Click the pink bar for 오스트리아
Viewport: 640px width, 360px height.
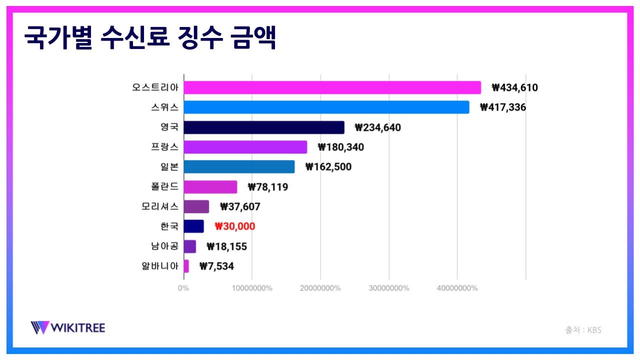point(332,87)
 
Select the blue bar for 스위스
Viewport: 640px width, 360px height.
point(326,107)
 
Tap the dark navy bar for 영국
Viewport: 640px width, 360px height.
point(263,127)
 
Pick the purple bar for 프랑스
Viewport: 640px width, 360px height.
point(245,147)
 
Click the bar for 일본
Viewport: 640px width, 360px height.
point(239,166)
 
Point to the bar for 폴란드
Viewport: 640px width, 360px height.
point(210,187)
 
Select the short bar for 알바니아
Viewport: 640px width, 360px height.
point(186,266)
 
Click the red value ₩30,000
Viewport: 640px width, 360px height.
point(234,226)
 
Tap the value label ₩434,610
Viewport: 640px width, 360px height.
point(514,88)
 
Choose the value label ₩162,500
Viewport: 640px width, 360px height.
point(328,167)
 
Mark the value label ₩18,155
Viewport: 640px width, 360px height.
point(226,246)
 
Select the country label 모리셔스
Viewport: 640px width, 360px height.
point(160,206)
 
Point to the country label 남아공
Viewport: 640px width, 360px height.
point(164,246)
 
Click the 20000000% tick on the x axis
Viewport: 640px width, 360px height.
point(320,288)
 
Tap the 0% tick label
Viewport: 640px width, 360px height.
point(183,288)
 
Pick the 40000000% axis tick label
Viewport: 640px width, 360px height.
point(456,288)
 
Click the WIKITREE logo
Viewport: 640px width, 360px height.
point(68,328)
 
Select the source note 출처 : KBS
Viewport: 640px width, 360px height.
point(583,330)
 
